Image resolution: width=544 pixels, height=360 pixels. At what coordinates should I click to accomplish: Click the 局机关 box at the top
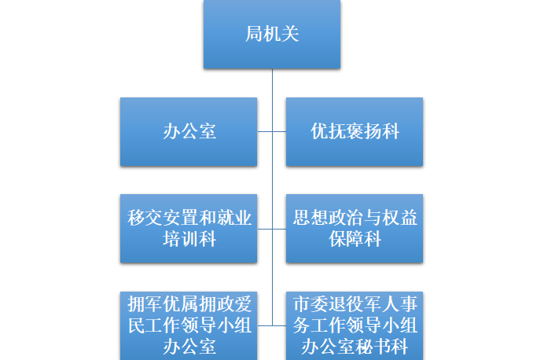click(272, 35)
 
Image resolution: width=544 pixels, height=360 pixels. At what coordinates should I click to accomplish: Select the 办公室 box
click(189, 131)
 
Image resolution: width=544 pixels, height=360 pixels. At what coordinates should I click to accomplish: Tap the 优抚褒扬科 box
click(355, 131)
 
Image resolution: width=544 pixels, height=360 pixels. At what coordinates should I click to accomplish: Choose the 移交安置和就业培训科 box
click(189, 228)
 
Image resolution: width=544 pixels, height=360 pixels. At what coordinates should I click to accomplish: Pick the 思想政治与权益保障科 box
click(355, 228)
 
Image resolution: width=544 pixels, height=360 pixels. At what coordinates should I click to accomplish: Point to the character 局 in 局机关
click(253, 35)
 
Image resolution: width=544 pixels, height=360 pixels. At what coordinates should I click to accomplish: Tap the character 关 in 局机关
click(291, 35)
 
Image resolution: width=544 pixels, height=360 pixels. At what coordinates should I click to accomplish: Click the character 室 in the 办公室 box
click(208, 131)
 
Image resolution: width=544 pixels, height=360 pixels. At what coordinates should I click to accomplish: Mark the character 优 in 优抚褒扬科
click(319, 131)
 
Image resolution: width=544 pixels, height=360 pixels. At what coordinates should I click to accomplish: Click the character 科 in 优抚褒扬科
click(391, 131)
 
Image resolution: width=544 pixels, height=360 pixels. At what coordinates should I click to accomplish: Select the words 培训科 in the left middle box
click(189, 239)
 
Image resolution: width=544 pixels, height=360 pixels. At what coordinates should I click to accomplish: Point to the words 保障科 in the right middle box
click(355, 239)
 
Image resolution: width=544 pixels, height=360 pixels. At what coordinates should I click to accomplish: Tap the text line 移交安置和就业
click(189, 218)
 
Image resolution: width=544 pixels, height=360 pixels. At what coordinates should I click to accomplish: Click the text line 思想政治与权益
click(355, 218)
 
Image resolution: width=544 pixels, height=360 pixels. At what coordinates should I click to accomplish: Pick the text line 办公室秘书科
click(355, 347)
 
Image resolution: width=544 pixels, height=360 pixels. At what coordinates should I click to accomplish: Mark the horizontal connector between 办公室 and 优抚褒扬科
click(272, 131)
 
